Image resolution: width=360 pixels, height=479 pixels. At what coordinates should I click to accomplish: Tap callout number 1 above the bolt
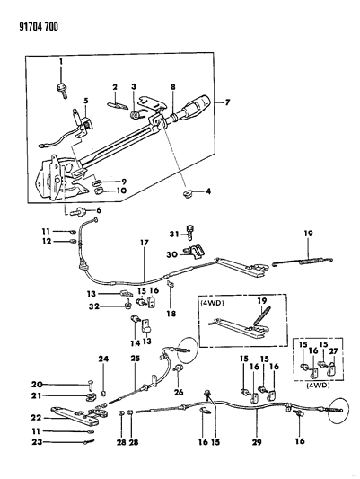click(61, 61)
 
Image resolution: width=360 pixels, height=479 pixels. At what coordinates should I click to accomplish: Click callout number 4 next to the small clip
click(207, 191)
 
